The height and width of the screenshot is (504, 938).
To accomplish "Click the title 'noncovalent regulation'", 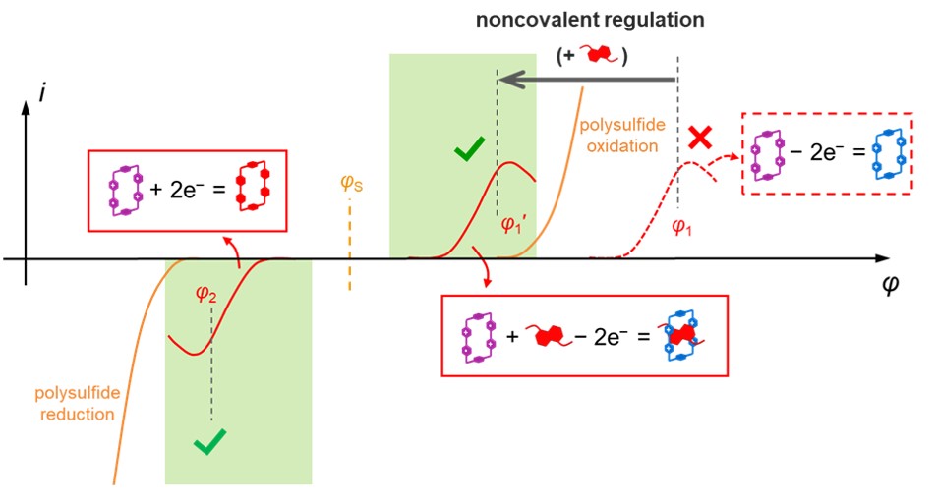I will [589, 20].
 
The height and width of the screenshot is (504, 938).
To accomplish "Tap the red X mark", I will [700, 139].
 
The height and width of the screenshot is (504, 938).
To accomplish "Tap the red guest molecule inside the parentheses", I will [598, 56].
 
